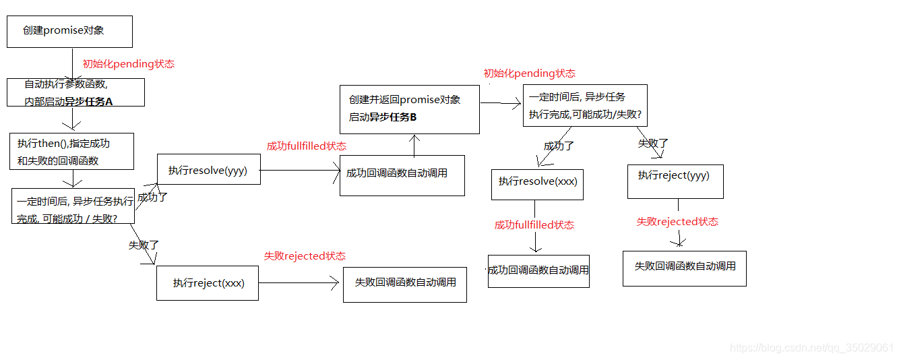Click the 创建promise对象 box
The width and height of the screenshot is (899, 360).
pyautogui.click(x=69, y=32)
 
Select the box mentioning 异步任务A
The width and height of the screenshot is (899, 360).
pyautogui.click(x=75, y=92)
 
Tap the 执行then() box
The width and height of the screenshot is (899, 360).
pyautogui.click(x=71, y=151)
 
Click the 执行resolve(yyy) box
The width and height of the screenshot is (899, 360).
pyautogui.click(x=208, y=171)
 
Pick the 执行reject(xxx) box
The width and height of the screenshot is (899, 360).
pyautogui.click(x=208, y=283)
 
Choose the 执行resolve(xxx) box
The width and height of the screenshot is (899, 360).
pyautogui.click(x=537, y=182)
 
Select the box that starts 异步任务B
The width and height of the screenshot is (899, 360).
pyautogui.click(x=410, y=109)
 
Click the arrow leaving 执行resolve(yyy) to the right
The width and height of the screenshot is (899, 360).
pyautogui.click(x=300, y=171)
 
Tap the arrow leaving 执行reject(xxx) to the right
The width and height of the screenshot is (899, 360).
pyautogui.click(x=299, y=283)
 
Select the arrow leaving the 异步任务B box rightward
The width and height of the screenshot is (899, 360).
pyautogui.click(x=501, y=103)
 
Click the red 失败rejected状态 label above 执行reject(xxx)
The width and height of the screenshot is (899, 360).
pyautogui.click(x=305, y=256)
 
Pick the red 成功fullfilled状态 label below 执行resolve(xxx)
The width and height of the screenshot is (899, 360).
pyautogui.click(x=534, y=225)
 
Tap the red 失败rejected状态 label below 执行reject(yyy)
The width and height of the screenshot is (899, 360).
pyautogui.click(x=677, y=222)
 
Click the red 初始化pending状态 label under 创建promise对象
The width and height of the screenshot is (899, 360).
pyautogui.click(x=128, y=64)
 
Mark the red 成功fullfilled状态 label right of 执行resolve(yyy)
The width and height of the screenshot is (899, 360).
pyautogui.click(x=307, y=146)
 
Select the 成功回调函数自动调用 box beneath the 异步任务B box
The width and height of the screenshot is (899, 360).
pyautogui.click(x=402, y=175)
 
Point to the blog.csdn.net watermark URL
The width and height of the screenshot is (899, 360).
pyautogui.click(x=811, y=348)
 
